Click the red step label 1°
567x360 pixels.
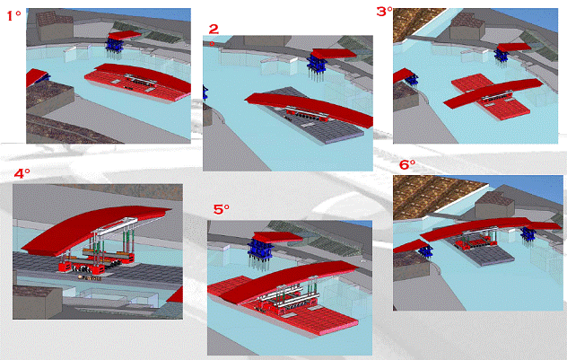(x=13, y=16)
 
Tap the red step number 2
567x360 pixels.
(x=214, y=29)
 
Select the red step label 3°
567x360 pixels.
(x=384, y=11)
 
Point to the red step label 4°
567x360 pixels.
(x=22, y=173)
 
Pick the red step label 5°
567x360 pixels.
(x=222, y=209)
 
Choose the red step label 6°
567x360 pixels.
(x=407, y=165)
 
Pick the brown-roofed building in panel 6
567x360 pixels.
(x=494, y=205)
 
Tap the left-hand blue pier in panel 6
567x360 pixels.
(x=425, y=250)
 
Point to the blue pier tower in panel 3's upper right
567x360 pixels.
(x=502, y=57)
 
